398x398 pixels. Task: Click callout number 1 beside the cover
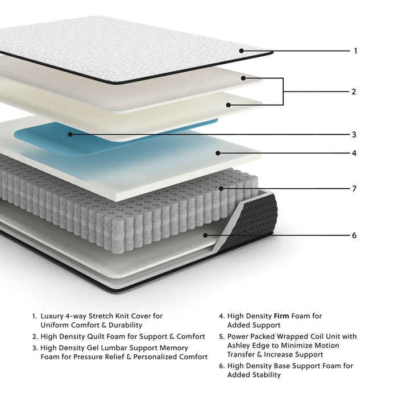pyautogui.click(x=355, y=51)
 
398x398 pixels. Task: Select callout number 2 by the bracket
pyautogui.click(x=354, y=92)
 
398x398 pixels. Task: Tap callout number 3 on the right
pyautogui.click(x=354, y=135)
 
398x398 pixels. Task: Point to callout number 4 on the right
pyautogui.click(x=354, y=154)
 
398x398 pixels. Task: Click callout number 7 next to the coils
pyautogui.click(x=354, y=189)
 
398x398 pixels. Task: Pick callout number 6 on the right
pyautogui.click(x=354, y=235)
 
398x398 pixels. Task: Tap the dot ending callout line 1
pyautogui.click(x=242, y=51)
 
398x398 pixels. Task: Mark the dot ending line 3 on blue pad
pyautogui.click(x=70, y=135)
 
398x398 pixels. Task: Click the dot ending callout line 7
pyautogui.click(x=222, y=188)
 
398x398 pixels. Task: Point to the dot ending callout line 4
pyautogui.click(x=217, y=153)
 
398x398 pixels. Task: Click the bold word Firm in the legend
pyautogui.click(x=283, y=316)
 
